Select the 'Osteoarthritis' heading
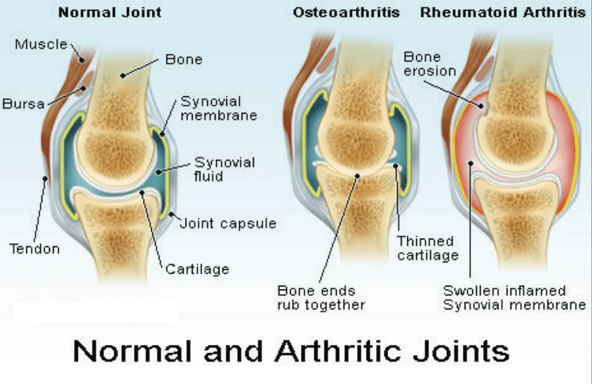346,12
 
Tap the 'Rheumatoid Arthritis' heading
502,12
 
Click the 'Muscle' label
41,44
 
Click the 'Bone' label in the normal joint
183,60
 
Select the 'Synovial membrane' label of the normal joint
218,109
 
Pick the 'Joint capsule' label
229,223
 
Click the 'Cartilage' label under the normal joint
197,269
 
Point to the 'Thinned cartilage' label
425,248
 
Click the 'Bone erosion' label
429,64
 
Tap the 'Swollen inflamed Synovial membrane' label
514,298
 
